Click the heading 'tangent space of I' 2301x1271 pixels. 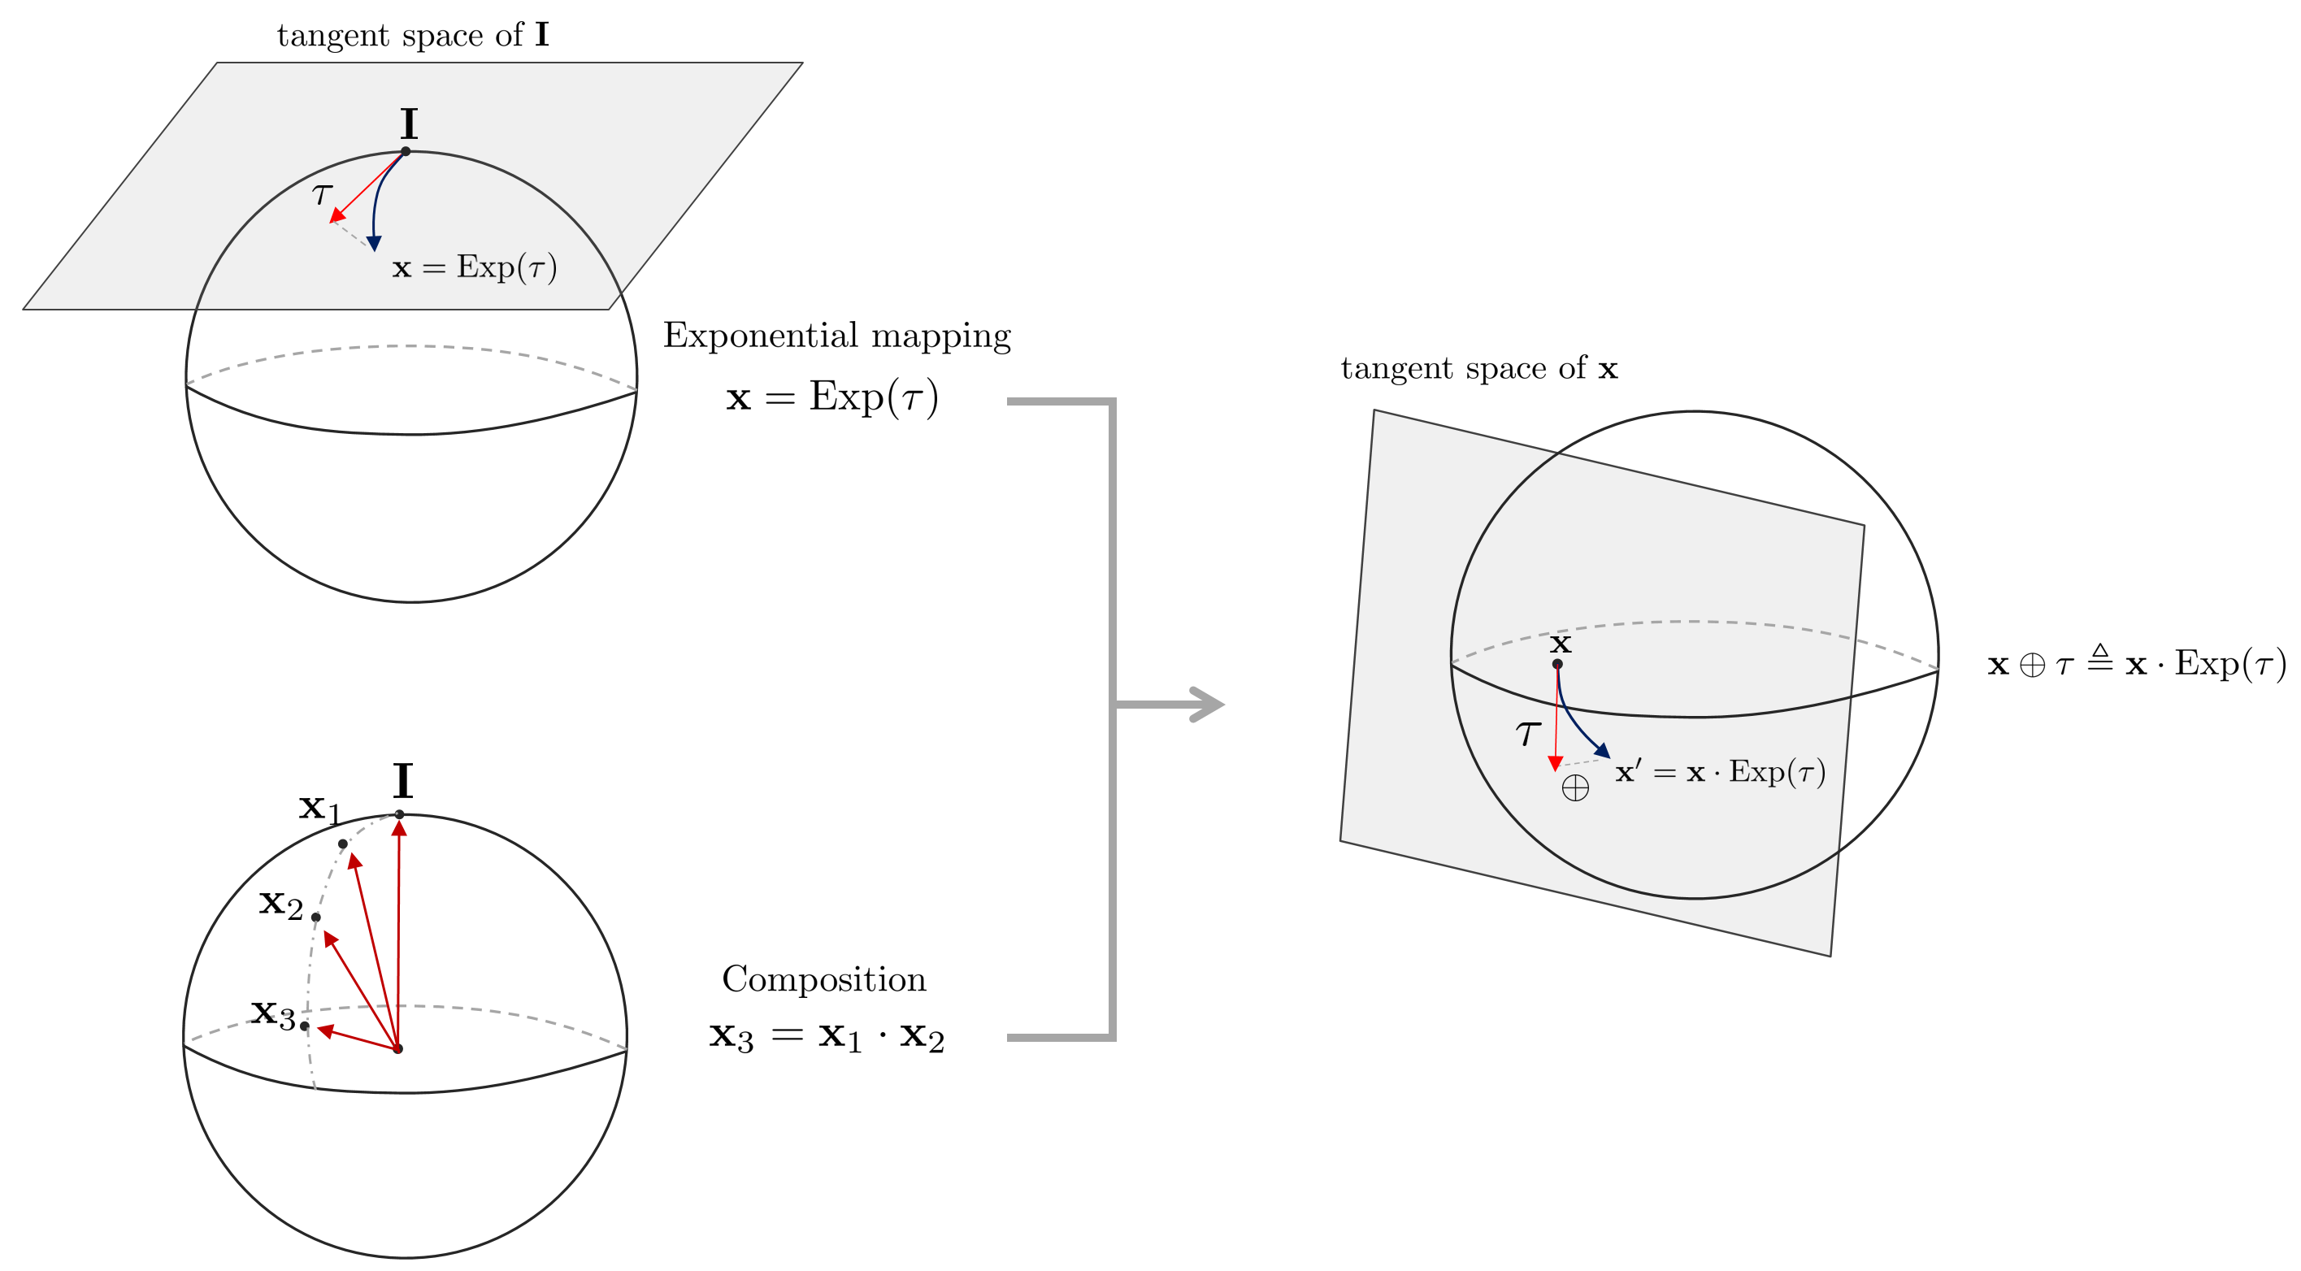[x=413, y=36]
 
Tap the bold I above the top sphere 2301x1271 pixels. [x=408, y=124]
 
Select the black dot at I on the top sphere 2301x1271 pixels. [x=406, y=152]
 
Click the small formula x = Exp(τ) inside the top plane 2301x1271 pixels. [x=475, y=267]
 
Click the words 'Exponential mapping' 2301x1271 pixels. [x=836, y=336]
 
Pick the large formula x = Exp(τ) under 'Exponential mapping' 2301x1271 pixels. [x=831, y=397]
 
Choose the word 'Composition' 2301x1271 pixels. [x=823, y=980]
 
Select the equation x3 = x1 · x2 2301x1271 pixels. [x=827, y=1037]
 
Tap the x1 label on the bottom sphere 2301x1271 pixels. [x=319, y=809]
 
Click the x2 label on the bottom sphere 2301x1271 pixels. [x=280, y=903]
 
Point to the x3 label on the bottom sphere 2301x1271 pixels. [x=272, y=1013]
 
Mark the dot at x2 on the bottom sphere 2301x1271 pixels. [x=316, y=917]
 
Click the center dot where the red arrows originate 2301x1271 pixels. [x=398, y=1048]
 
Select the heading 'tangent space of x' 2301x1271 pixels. [x=1478, y=368]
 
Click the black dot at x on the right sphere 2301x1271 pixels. [x=1557, y=664]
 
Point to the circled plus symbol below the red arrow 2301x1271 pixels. [x=1575, y=787]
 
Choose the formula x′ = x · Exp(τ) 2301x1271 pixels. [x=1720, y=772]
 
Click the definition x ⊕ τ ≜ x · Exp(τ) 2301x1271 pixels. [x=2136, y=664]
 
